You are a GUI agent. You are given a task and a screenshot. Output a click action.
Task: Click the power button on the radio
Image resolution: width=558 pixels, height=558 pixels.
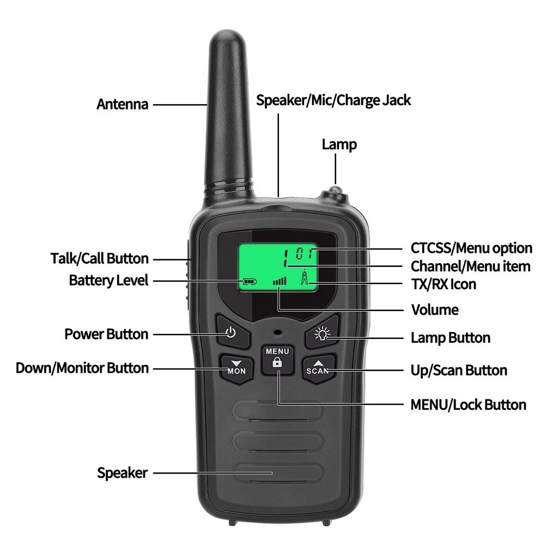coord(231,332)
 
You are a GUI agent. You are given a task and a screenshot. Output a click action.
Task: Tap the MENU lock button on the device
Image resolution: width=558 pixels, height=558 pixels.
coord(277,360)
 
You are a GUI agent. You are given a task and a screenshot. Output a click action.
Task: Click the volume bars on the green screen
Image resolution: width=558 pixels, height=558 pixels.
coord(280,281)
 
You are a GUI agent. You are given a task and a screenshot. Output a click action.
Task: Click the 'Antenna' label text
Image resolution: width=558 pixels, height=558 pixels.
coord(123,104)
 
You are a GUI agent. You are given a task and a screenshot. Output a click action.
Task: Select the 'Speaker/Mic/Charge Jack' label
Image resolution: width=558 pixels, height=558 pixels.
coord(333,100)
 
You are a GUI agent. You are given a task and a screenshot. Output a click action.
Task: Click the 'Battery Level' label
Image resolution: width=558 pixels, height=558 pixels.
coord(108,281)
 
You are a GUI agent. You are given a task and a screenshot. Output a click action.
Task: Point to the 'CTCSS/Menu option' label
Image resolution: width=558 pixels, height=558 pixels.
coord(471,248)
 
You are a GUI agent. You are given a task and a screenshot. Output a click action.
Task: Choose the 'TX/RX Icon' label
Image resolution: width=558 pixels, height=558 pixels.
coord(443,284)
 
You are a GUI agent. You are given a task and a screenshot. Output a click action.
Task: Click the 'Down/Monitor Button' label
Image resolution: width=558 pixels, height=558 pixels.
coord(82,368)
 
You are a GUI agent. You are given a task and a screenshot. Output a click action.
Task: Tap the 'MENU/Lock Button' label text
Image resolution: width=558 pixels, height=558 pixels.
coord(468,405)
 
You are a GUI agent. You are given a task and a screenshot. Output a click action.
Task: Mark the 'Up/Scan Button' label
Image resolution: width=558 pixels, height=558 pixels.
coord(459,371)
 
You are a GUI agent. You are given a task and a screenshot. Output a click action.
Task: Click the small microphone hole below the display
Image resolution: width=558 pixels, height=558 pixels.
coord(277,332)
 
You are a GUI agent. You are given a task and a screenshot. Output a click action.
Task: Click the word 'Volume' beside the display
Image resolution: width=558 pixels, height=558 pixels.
coord(434,310)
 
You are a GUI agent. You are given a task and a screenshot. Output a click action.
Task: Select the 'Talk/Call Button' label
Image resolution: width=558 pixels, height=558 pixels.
coord(100,258)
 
